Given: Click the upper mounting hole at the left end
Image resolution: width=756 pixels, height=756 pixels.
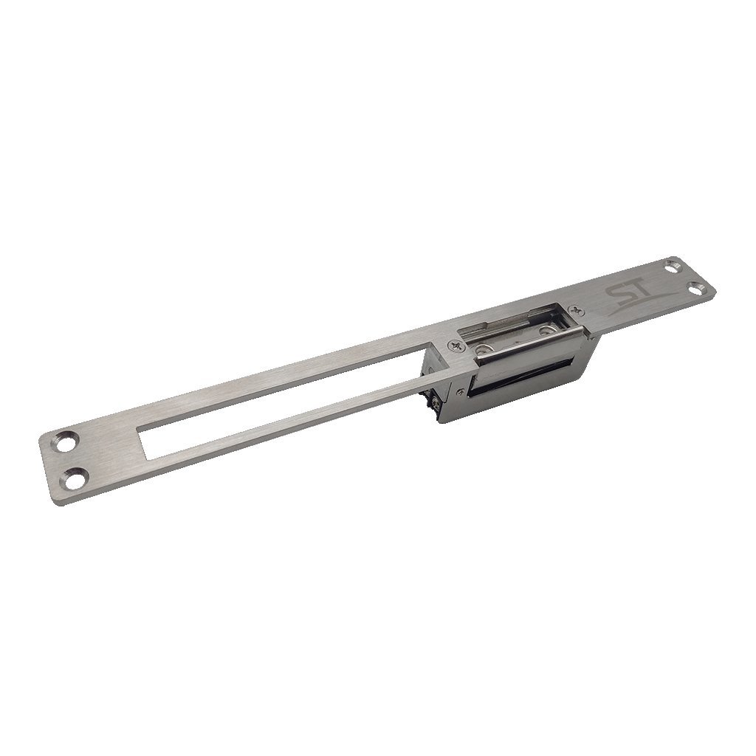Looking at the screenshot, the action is [68, 441].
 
